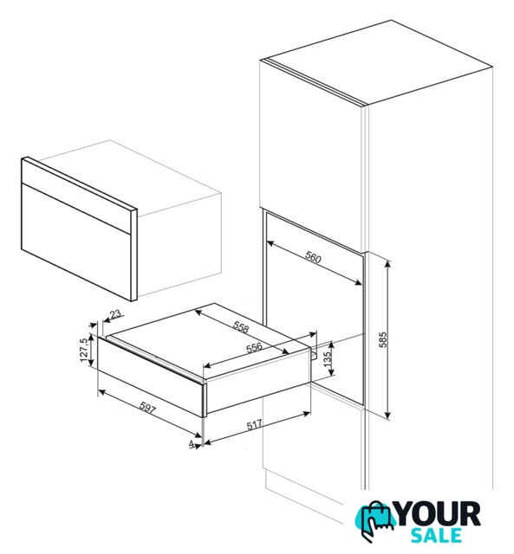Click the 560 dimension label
coord(313,258)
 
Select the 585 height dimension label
coord(383,340)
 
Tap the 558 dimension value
coord(241,328)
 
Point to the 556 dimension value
coord(254,348)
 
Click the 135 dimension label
coord(328,358)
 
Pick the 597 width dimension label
coord(147,408)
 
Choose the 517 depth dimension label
coord(255,425)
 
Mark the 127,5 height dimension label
coord(84,350)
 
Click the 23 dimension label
coord(115,313)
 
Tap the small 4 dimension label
coord(192,443)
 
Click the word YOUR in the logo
coord(439,514)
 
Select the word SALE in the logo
coord(437,535)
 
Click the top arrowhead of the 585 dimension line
coord(388,264)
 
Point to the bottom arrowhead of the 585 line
coord(388,415)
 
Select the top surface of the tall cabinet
coord(380,62)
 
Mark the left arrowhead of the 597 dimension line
coord(101,391)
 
